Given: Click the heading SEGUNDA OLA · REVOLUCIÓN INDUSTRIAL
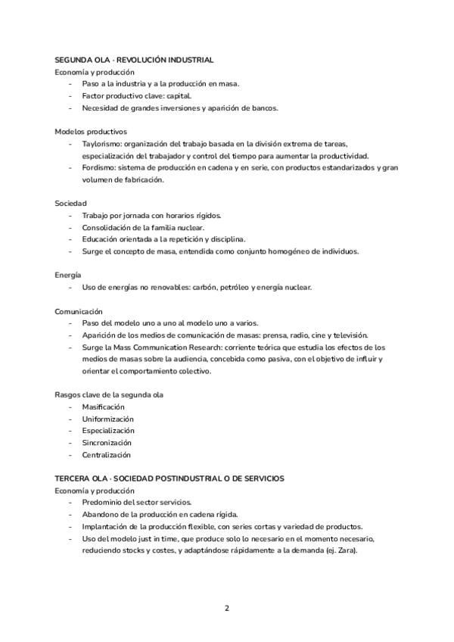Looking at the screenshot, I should coord(134,59).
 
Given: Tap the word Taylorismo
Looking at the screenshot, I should coord(101,144).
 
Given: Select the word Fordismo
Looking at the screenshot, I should coord(99,168).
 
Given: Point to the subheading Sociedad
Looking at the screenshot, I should coord(71,204).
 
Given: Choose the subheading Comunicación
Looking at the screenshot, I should coord(79,311).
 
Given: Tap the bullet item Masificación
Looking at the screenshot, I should coord(104,407).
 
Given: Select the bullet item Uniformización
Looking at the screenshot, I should coord(107,419).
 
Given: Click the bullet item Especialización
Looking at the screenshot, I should coord(107,431).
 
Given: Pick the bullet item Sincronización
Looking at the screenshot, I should coord(107,443).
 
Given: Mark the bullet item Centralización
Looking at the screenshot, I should coord(106,455).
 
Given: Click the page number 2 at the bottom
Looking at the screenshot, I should coord(226,608).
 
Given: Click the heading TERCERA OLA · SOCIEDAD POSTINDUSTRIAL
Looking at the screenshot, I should coord(169,478).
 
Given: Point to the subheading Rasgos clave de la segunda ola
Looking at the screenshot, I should coord(109,395).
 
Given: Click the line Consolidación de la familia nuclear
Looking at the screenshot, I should coord(143,227).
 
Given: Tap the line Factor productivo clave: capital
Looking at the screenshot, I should coord(137,95).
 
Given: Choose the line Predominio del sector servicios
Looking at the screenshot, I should coord(137,503).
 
